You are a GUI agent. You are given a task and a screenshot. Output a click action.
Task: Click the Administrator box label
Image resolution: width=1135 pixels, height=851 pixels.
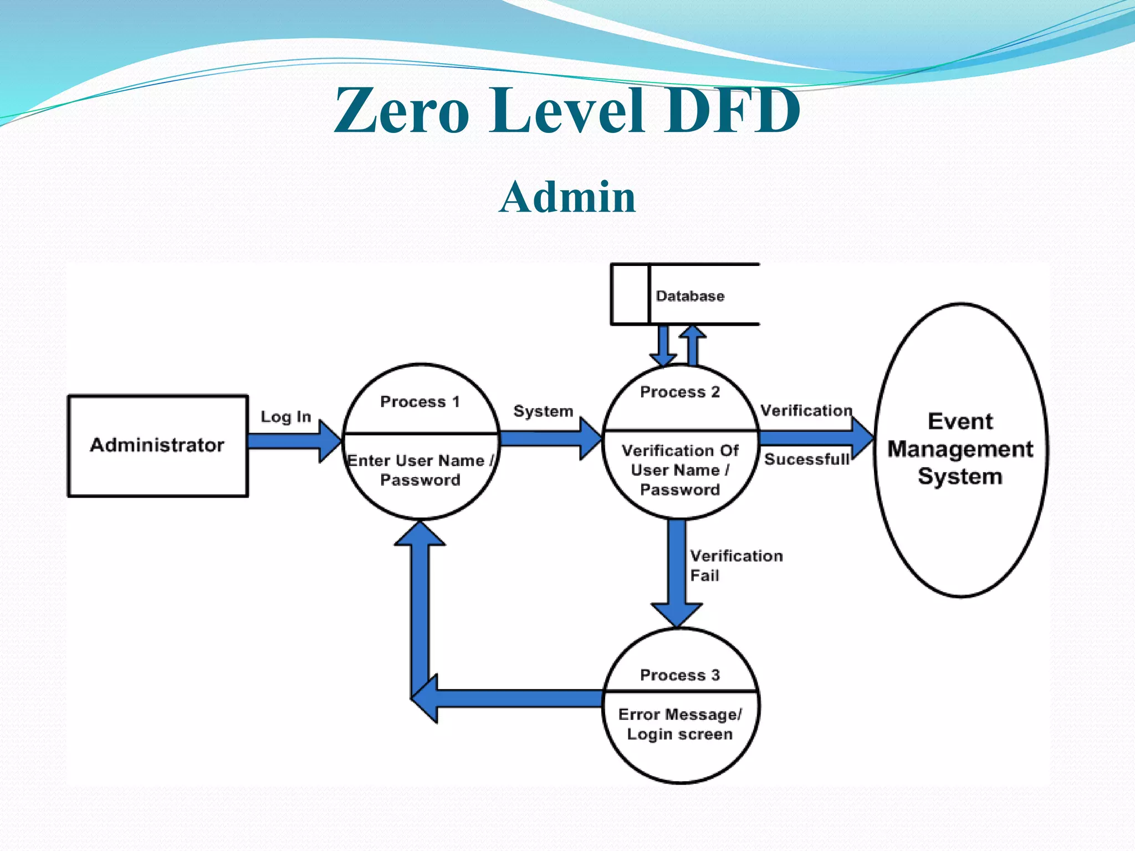pos(157,445)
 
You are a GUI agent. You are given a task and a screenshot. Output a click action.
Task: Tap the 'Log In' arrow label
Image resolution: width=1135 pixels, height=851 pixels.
pos(286,417)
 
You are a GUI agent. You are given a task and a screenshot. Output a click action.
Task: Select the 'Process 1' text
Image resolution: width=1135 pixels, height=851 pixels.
pos(420,402)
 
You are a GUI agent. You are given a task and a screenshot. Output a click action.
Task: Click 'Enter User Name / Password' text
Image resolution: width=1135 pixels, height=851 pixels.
pos(420,470)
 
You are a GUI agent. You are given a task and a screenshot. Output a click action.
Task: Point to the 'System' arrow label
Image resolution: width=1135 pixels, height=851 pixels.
pos(543,411)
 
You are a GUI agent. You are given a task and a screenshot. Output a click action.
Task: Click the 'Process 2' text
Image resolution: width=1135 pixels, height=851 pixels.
pos(679,392)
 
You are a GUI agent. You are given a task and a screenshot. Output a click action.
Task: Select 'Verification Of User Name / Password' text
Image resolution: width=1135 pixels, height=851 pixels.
pos(680,470)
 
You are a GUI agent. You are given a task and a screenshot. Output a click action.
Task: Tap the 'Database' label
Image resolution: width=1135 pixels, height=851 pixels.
pos(690,296)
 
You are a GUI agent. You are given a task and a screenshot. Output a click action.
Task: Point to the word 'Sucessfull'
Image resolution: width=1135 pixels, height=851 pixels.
pos(806,459)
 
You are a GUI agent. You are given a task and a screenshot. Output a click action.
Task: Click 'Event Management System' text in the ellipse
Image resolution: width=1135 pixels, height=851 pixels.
pos(960,449)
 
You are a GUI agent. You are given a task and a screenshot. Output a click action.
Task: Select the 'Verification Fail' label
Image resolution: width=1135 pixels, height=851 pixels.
pos(736,565)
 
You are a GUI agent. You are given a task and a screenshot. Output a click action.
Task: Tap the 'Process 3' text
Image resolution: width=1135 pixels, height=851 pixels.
pos(679,675)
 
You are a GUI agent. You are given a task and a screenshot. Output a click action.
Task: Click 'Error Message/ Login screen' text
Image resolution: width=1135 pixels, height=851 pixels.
pos(679,724)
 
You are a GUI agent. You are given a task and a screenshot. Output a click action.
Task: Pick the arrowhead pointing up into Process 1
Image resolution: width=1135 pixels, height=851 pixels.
pos(420,534)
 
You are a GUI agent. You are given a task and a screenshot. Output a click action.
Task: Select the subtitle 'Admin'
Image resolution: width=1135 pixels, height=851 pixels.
pos(567,197)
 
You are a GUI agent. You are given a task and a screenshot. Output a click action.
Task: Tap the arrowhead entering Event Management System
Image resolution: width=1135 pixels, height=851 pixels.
pos(862,438)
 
